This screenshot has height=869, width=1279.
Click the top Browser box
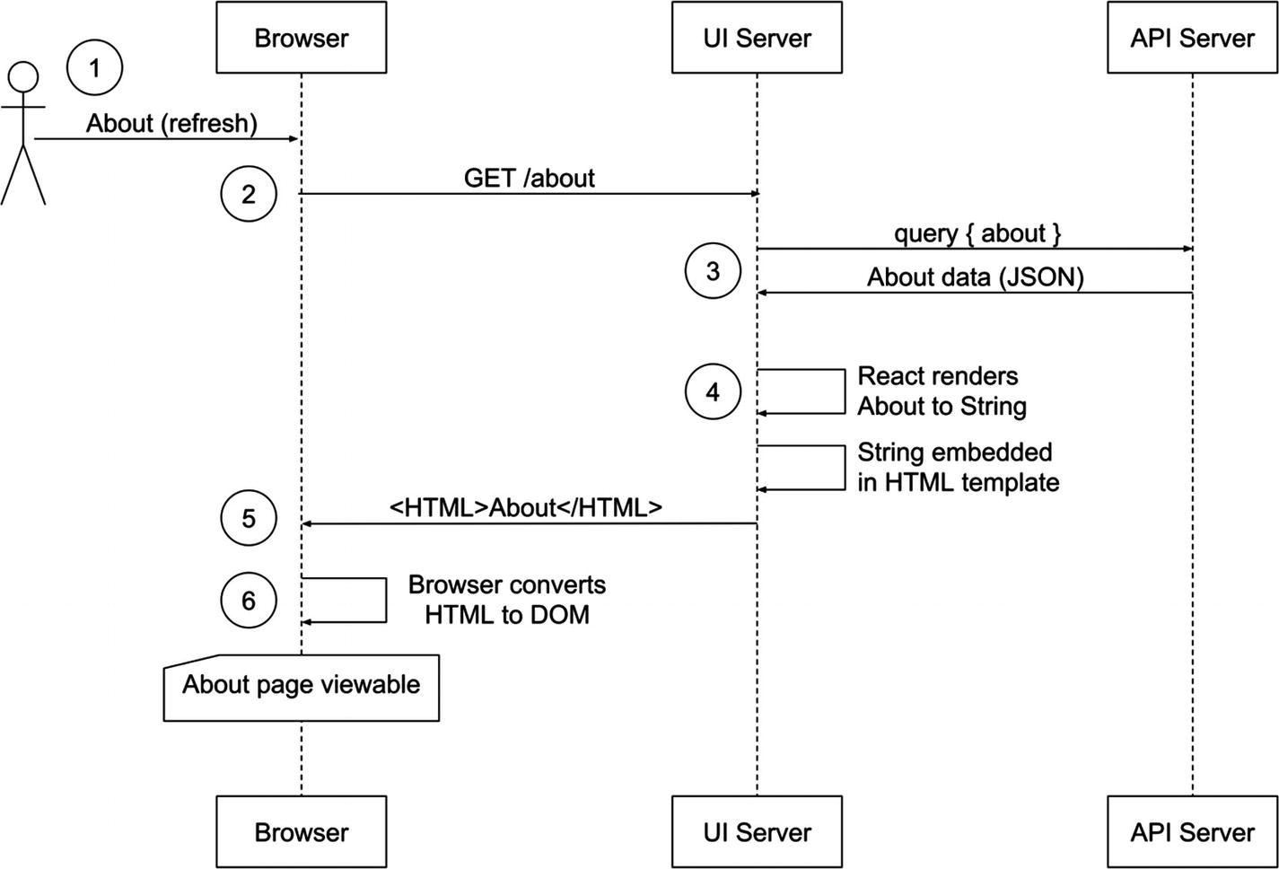302,38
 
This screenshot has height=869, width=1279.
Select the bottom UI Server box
757,831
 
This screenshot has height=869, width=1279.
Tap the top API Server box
1192,38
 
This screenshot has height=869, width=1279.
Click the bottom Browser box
302,831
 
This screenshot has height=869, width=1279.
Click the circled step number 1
94,67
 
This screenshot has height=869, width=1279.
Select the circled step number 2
249,194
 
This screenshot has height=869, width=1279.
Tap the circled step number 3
713,271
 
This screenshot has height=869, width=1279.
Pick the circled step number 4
713,392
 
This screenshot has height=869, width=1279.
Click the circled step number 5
249,518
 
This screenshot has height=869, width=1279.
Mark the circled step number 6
249,600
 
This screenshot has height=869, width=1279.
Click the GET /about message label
529,178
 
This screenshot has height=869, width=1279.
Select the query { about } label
977,233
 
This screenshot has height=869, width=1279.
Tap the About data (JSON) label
975,277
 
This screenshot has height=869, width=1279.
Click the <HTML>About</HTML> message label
526,507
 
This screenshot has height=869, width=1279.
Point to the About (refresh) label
171,123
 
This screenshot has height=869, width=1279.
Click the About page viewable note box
302,687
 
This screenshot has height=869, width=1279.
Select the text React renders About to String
941,391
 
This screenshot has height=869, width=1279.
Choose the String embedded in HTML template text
958,467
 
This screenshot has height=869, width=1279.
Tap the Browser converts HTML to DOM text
507,600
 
